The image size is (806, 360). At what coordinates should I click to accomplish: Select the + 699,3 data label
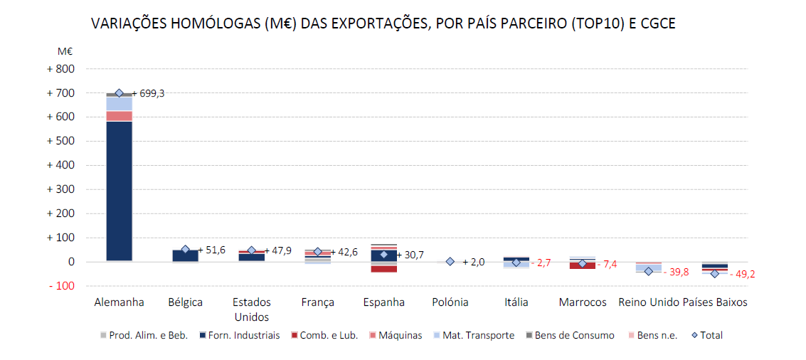(x=148, y=93)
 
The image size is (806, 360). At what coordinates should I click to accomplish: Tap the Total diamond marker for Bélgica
(x=186, y=249)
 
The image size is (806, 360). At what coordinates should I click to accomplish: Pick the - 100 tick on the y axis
(x=60, y=286)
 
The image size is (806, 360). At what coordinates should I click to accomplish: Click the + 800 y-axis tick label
(x=60, y=69)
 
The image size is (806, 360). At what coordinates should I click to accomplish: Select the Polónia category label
(x=450, y=302)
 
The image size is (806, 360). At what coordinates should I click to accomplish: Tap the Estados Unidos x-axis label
(x=252, y=309)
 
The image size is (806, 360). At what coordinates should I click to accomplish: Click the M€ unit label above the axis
(x=65, y=51)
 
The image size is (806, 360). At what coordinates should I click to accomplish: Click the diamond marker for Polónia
(x=450, y=262)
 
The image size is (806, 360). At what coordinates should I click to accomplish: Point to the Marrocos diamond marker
(x=582, y=263)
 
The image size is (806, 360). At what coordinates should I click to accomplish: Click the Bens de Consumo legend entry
(x=569, y=335)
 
